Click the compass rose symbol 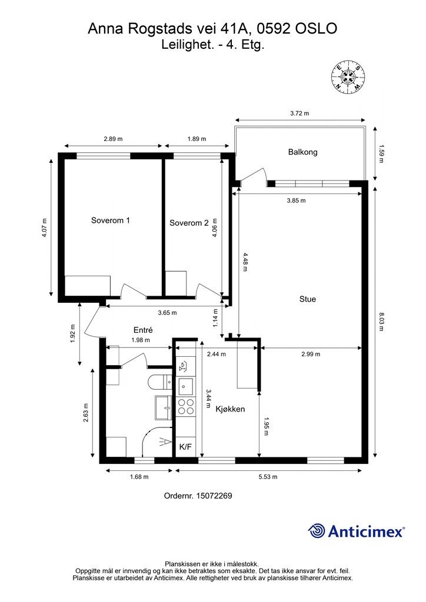tap(348, 77)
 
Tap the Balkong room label tap(302, 152)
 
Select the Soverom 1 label tap(110, 220)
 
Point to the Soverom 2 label tap(189, 223)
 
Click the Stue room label tap(308, 299)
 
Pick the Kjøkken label tap(230, 409)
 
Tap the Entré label tap(144, 330)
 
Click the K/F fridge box tap(185, 447)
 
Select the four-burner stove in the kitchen tap(185, 407)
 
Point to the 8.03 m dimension tap(381, 322)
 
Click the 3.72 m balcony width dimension tap(299, 113)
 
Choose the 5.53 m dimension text tap(268, 477)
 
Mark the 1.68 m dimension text tap(139, 477)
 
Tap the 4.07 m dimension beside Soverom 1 tap(45, 228)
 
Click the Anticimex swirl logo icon tap(317, 531)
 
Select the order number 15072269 tap(214, 496)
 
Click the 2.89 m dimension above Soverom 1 tap(113, 139)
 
